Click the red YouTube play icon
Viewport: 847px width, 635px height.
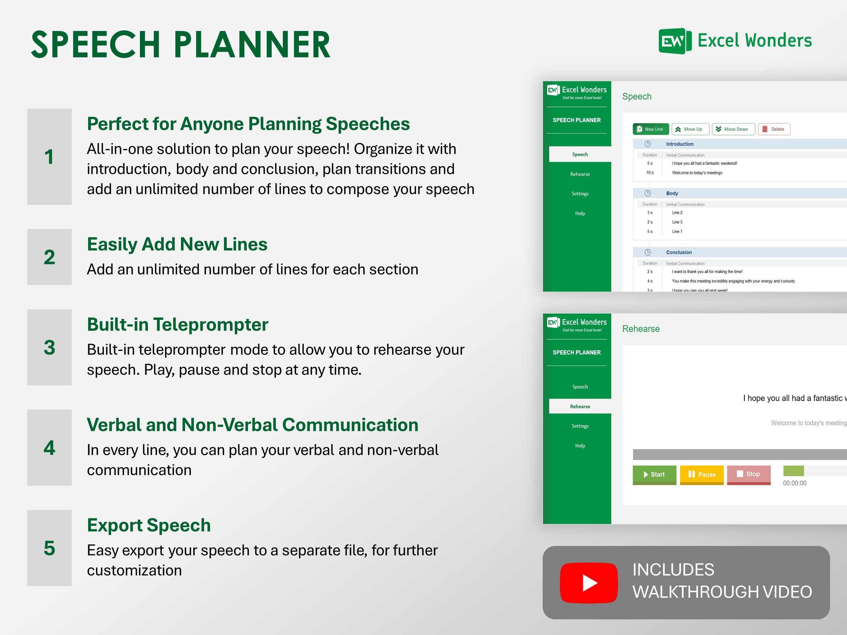[x=589, y=583]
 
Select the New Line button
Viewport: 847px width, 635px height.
[x=650, y=129]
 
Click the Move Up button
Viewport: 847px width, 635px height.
[x=690, y=129]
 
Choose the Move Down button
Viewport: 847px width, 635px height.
[x=733, y=129]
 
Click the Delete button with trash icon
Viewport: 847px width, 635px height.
[x=774, y=129]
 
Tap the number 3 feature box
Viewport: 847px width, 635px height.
[x=49, y=347]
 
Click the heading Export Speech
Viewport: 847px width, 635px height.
[x=149, y=525]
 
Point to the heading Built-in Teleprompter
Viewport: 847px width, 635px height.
[x=177, y=324]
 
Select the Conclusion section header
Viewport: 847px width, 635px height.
[x=679, y=252]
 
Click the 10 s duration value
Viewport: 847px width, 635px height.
[x=650, y=172]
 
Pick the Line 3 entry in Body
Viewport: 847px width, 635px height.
[x=677, y=222]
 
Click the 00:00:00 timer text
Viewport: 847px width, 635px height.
[x=794, y=483]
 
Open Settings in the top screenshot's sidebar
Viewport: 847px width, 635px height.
[x=580, y=194]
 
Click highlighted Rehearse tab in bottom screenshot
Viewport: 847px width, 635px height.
[x=580, y=406]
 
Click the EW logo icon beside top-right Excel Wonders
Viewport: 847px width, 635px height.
[x=675, y=41]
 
